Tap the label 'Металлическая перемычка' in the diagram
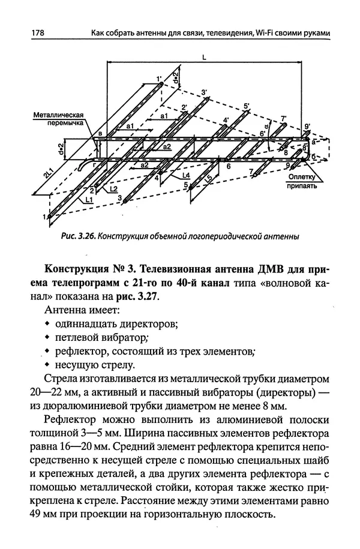click(57, 118)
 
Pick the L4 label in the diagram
click(187, 175)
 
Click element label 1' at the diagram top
click(159, 78)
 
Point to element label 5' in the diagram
click(247, 106)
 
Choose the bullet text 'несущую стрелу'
click(91, 365)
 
